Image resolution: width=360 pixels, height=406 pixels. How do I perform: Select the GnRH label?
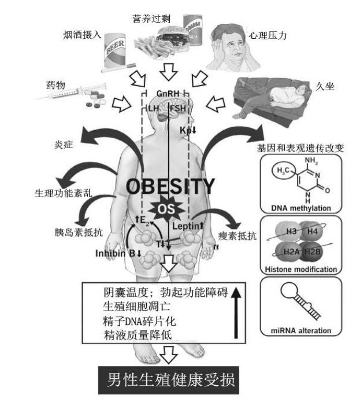[x=168, y=93]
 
